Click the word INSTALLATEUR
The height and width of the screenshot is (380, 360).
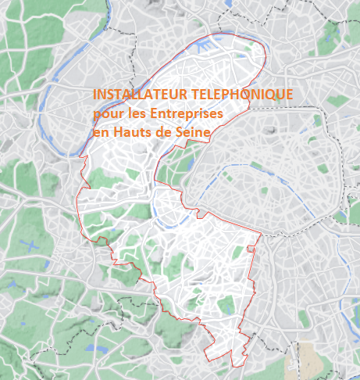tap(137, 95)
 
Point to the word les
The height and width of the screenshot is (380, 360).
tap(136, 114)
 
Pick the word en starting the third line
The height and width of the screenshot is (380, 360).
tap(100, 134)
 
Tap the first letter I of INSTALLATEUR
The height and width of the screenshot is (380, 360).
tap(94, 95)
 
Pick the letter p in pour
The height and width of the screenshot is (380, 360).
tap(96, 116)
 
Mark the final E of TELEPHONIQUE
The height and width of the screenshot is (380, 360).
tap(289, 95)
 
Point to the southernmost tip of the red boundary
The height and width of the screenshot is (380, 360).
tap(233, 365)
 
